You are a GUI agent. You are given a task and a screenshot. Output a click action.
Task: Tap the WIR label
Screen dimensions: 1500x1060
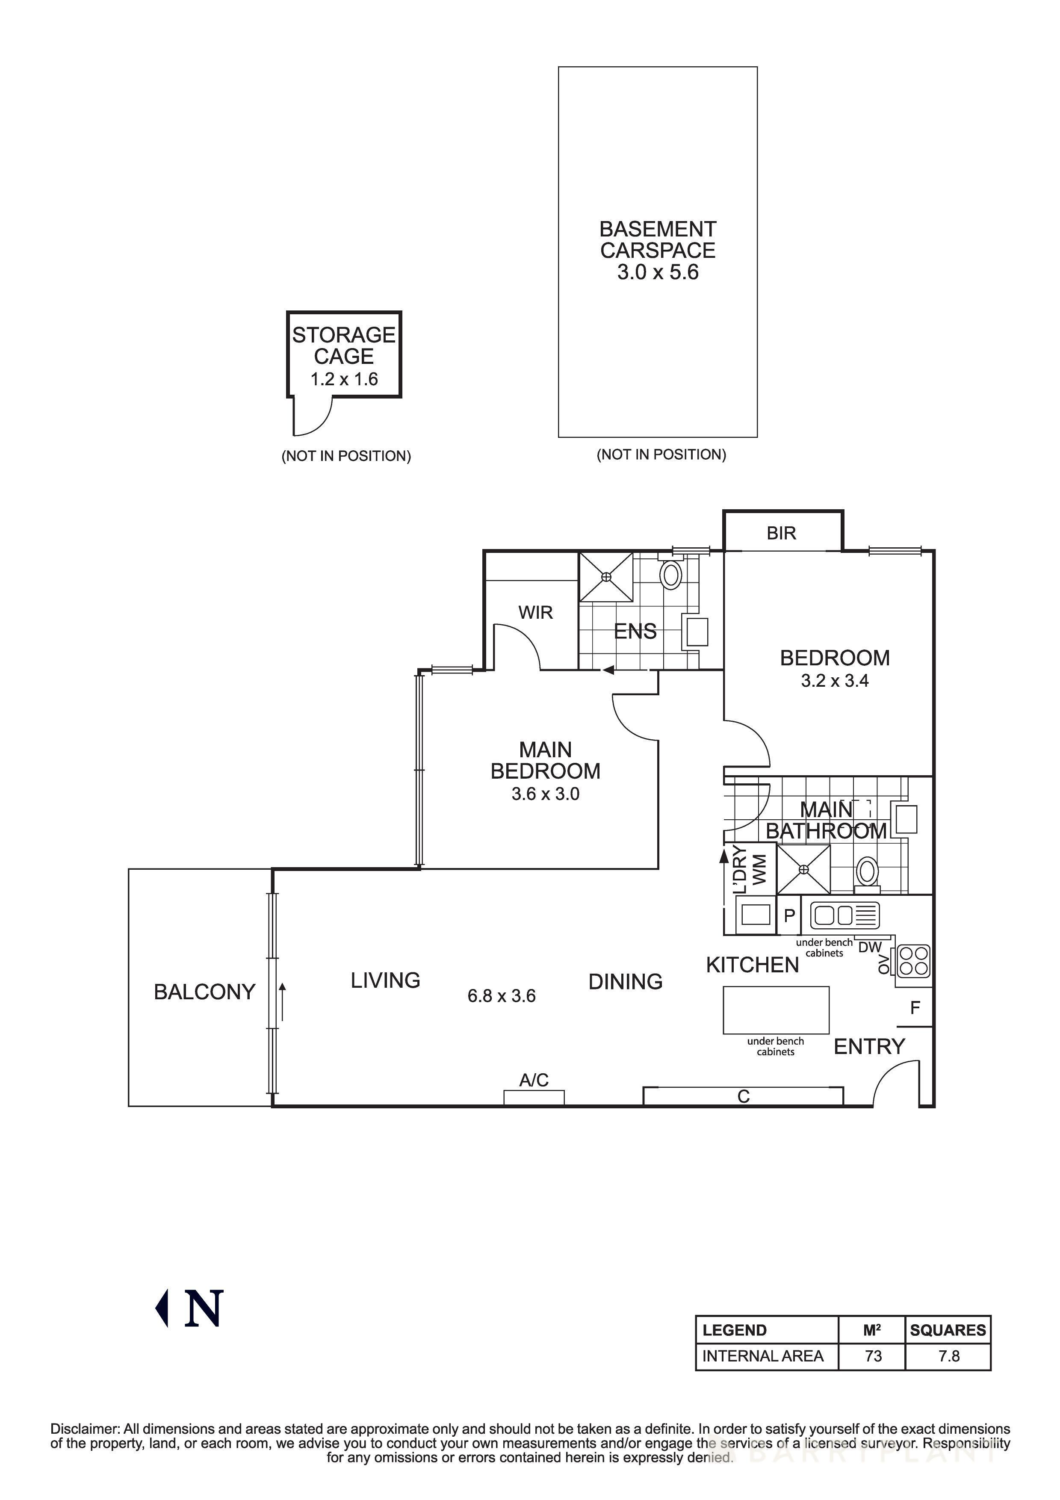[x=535, y=612]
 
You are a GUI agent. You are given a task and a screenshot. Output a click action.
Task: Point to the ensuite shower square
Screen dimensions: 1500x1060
[x=606, y=576]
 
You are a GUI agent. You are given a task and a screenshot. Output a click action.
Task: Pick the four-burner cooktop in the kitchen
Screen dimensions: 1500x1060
[x=914, y=961]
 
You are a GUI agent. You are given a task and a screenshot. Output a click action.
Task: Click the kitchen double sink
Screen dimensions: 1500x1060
[x=844, y=915]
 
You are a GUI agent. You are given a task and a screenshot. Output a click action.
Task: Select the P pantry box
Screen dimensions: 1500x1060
[x=788, y=915]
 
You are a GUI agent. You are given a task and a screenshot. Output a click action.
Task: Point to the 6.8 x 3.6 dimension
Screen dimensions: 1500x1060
[x=501, y=996]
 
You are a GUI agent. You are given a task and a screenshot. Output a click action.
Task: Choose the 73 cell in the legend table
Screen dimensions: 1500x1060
[x=873, y=1356]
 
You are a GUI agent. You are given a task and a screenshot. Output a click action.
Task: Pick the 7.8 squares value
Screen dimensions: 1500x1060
[x=948, y=1356]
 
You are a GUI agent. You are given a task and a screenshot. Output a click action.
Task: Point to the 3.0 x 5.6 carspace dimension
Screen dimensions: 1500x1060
[x=658, y=272]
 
